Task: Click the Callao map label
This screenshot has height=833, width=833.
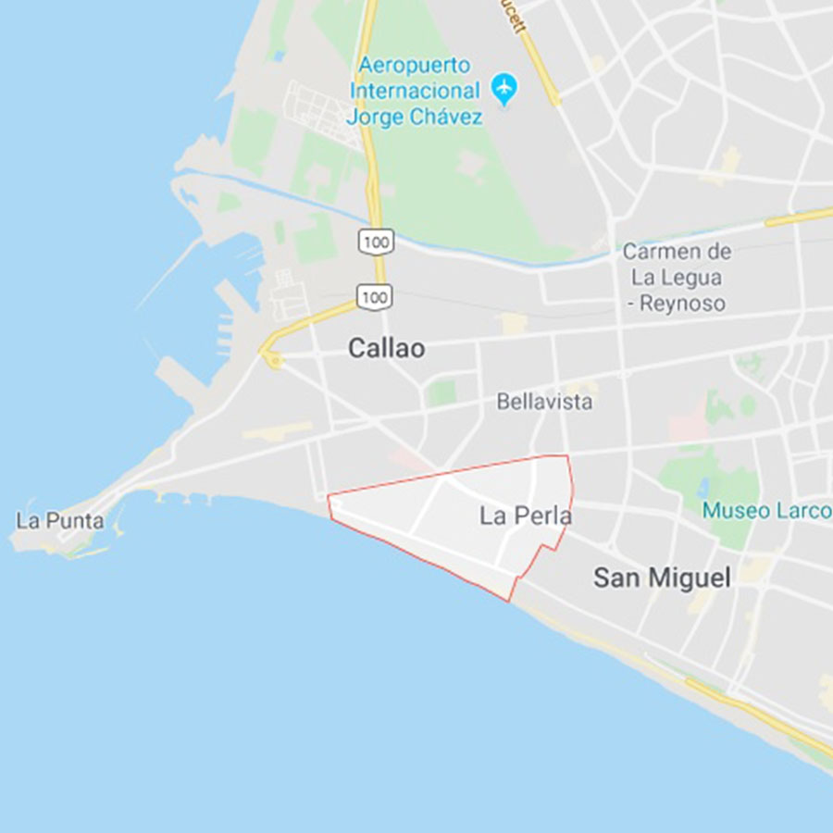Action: coord(387,348)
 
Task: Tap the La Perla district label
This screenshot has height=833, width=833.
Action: coord(525,516)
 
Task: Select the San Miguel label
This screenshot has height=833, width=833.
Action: coord(662,578)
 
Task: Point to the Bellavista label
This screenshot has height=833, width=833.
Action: coord(544,402)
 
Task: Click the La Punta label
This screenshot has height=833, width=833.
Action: coord(60,520)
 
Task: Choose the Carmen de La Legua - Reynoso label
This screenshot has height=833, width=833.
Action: coord(677,277)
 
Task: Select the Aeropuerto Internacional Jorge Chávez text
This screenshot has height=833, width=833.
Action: coord(416,92)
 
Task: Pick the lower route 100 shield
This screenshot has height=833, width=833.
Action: coord(375,297)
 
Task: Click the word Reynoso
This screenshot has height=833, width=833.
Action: coord(686,303)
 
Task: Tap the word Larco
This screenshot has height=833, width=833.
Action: coord(801,511)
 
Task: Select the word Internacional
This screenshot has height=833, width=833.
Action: coord(416,92)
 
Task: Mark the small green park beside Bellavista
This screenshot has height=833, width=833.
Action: coord(442,392)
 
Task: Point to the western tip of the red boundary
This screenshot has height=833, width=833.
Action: coord(329,497)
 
